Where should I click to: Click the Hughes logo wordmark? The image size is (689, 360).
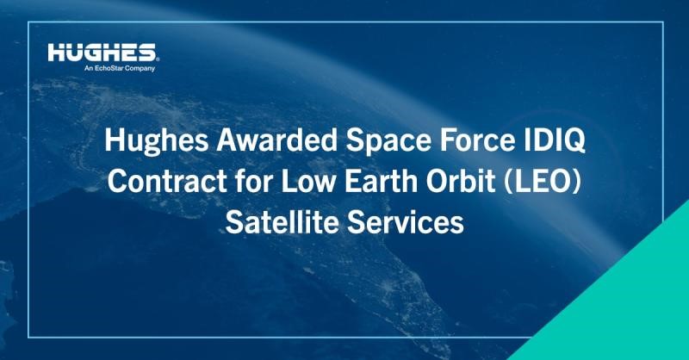pyautogui.click(x=102, y=52)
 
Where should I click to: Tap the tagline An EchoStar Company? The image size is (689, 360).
pyautogui.click(x=120, y=68)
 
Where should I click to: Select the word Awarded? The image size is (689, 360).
pyautogui.click(x=276, y=140)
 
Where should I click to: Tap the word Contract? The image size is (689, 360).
pyautogui.click(x=167, y=181)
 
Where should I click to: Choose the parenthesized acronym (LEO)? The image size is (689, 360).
pyautogui.click(x=543, y=181)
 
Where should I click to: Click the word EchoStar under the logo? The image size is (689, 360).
pyautogui.click(x=109, y=68)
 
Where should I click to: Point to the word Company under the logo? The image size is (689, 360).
pyautogui.click(x=140, y=69)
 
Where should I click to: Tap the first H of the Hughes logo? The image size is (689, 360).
pyautogui.click(x=56, y=53)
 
